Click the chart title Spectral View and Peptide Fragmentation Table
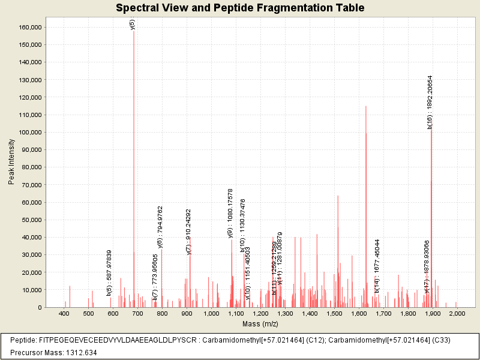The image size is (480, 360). coord(240,8)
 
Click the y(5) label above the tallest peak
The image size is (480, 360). coord(133,24)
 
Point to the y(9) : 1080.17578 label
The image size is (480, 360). coord(230,213)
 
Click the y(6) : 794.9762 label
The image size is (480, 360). coord(160,227)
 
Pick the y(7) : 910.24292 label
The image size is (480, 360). coord(188,232)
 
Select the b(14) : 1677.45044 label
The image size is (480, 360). coord(377,266)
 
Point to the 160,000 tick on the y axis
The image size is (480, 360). coord(29,27)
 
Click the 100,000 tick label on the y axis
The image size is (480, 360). coord(29,132)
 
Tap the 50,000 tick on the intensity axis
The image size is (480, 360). coord(31,220)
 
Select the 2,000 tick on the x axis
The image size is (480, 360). coord(457,314)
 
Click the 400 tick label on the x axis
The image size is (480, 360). coord(64,314)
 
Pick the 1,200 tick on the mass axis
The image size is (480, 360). coord(260,314)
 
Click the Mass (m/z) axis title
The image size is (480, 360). coord(260,324)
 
